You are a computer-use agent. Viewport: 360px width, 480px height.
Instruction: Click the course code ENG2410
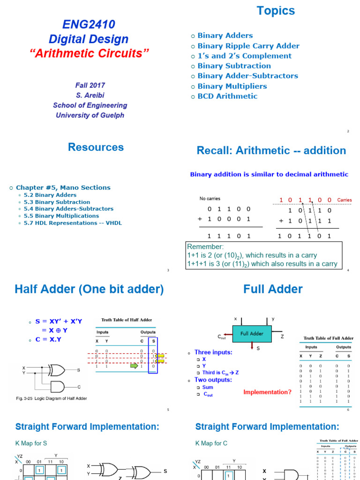point(89,24)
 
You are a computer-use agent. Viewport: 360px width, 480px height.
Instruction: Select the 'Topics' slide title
point(276,11)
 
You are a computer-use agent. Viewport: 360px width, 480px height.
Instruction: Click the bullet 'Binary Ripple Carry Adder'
point(248,46)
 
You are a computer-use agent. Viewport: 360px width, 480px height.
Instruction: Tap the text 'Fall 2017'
point(90,85)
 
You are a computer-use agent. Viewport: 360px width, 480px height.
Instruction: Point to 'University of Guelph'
point(90,115)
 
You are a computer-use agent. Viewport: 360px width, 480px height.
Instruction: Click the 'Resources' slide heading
point(96,147)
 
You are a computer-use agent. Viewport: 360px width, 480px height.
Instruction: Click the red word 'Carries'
point(344,200)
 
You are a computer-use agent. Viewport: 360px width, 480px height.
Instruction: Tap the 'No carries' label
point(210,199)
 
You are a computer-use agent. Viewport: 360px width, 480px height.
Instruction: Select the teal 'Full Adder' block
point(252,334)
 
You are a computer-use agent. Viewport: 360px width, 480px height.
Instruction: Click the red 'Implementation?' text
point(267,392)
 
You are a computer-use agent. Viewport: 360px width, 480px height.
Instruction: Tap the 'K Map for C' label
point(211,443)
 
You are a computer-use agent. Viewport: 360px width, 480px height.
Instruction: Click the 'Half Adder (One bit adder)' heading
point(90,289)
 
